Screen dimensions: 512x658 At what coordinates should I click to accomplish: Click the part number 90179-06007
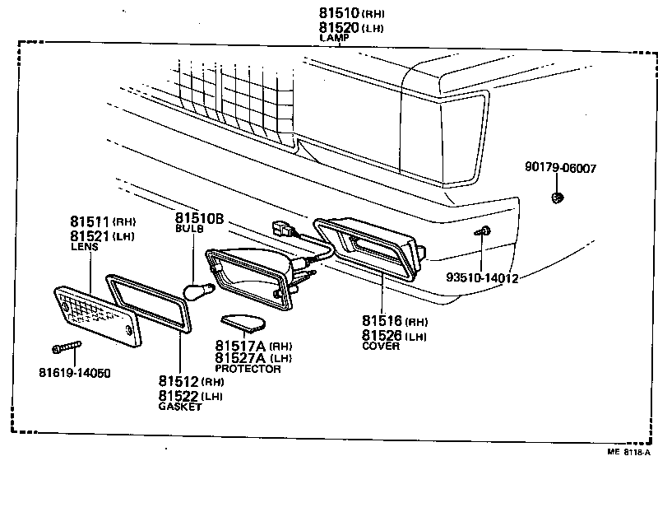[560, 168]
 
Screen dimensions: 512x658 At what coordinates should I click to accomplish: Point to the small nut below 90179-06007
[557, 197]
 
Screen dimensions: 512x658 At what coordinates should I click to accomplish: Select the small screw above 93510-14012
[484, 232]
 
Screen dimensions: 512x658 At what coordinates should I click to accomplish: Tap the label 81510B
[199, 218]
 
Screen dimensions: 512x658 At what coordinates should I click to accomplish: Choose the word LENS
[84, 246]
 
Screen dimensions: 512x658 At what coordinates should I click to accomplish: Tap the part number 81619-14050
[74, 373]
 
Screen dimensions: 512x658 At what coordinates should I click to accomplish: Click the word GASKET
[179, 407]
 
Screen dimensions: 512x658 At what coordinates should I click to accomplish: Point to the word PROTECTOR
[248, 369]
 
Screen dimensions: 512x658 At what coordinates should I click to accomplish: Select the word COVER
[381, 346]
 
